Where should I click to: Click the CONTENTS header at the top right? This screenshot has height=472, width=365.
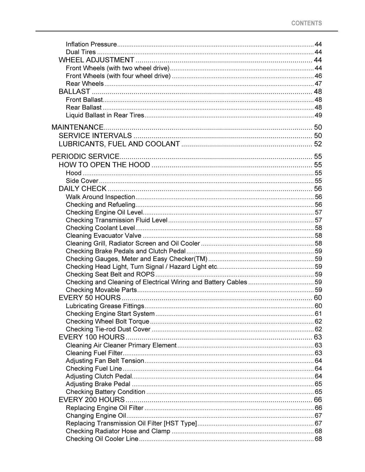(306, 23)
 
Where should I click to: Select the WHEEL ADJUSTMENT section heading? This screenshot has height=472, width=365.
(96, 60)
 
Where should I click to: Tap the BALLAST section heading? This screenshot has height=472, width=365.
(74, 91)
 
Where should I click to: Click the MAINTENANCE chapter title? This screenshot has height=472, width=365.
(77, 127)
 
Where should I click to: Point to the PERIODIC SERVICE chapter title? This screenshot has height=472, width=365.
(85, 156)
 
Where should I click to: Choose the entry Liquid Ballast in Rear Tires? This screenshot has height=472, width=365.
(105, 115)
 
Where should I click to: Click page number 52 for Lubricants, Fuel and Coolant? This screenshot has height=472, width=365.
(318, 144)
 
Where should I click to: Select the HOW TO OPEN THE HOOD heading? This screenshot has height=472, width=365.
(104, 165)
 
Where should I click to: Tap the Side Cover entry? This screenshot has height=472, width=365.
(82, 181)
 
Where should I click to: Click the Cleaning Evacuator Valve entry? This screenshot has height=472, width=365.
(103, 236)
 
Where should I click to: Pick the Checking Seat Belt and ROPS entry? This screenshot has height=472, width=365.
(110, 274)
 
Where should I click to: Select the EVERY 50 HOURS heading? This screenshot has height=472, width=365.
(89, 297)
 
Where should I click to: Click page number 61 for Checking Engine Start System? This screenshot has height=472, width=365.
(318, 314)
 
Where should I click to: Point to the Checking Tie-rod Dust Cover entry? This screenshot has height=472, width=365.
(108, 329)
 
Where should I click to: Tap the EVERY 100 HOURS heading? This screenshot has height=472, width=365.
(92, 337)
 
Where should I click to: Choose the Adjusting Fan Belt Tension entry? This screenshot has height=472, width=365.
(105, 361)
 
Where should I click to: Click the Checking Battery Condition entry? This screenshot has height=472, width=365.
(105, 392)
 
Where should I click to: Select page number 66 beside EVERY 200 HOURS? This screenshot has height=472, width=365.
(318, 400)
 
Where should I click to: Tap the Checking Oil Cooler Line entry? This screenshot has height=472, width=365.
(102, 439)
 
